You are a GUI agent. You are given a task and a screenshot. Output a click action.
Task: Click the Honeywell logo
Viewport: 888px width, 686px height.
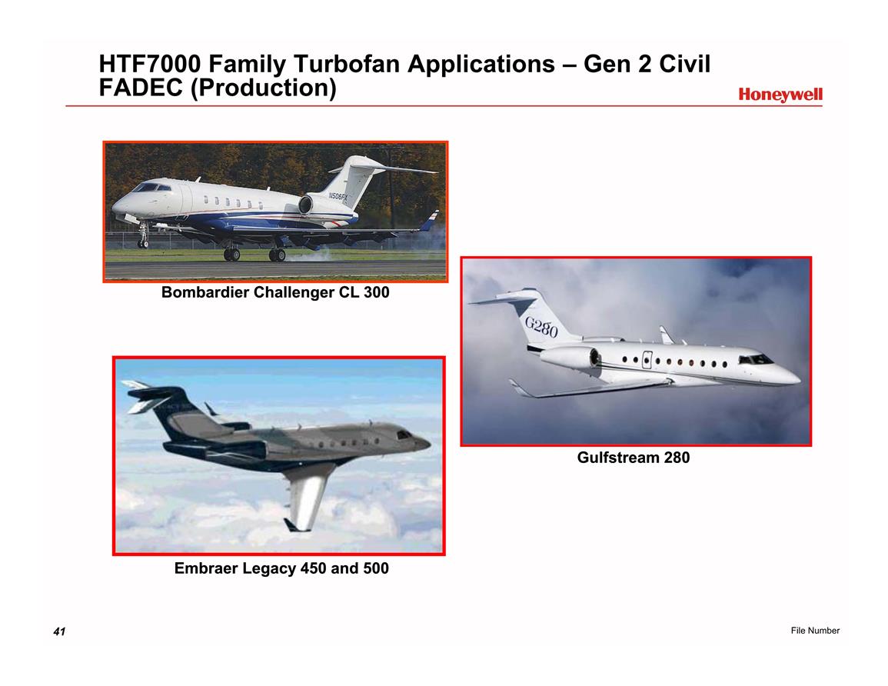(x=780, y=95)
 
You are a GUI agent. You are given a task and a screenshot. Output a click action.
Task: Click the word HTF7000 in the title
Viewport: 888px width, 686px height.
(x=149, y=64)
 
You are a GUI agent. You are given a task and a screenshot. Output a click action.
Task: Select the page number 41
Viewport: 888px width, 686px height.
(x=59, y=631)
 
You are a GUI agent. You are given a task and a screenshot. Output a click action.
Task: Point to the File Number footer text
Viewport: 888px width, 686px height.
(x=815, y=631)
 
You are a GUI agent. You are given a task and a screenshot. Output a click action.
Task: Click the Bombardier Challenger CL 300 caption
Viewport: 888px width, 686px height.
(x=275, y=292)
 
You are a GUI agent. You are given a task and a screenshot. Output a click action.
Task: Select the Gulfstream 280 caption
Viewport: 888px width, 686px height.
(x=634, y=457)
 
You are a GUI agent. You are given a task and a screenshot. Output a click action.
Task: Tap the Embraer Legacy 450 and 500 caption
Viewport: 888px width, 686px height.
(x=281, y=568)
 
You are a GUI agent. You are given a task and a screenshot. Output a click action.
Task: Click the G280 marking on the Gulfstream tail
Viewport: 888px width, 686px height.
(x=540, y=327)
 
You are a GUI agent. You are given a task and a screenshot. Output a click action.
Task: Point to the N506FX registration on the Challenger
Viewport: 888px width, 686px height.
(x=338, y=197)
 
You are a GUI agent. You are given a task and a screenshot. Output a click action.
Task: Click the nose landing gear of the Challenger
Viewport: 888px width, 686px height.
(x=143, y=235)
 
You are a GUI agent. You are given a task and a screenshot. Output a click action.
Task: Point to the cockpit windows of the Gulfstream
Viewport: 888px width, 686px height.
(x=756, y=359)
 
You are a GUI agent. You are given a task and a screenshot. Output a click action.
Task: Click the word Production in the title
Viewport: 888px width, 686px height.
(x=263, y=88)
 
